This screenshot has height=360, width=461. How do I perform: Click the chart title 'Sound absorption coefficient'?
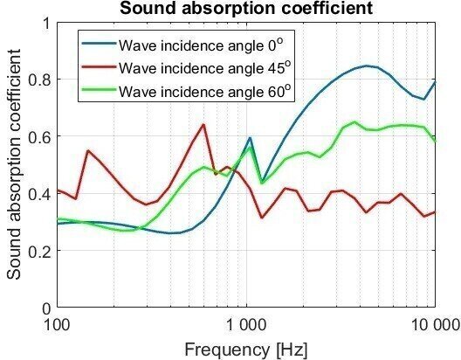click(x=246, y=10)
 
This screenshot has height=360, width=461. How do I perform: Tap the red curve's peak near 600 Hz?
click(x=203, y=125)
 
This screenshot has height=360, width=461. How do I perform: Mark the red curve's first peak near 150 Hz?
click(x=88, y=150)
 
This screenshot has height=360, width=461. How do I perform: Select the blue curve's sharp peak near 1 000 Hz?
click(x=250, y=138)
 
